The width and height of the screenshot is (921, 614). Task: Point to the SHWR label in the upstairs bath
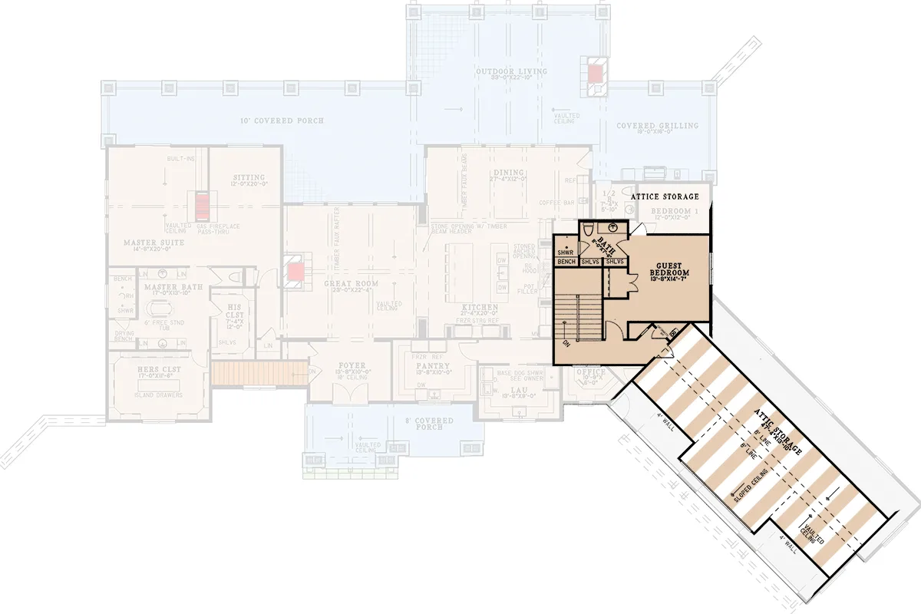(566, 252)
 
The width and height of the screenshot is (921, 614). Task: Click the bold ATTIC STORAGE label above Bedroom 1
(665, 197)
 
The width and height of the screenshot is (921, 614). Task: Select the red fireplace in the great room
(296, 271)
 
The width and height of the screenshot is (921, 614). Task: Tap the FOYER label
(351, 365)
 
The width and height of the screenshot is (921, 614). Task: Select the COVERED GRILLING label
(658, 126)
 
